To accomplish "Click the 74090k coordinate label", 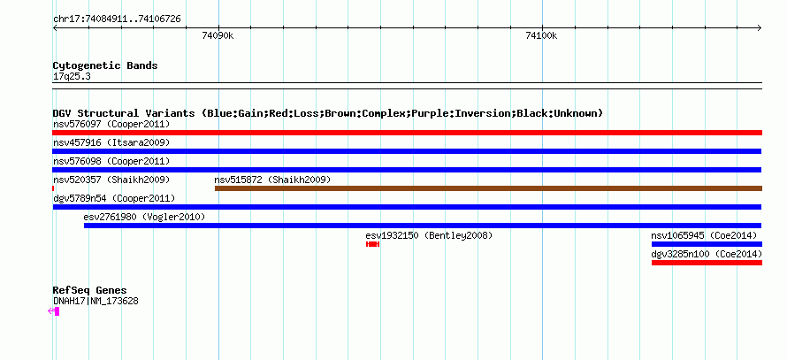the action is click(218, 35).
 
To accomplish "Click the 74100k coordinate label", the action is click(541, 35).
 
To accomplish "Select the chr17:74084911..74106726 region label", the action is click(117, 19).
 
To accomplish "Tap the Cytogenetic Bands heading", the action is click(105, 65).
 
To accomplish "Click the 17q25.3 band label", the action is click(72, 77).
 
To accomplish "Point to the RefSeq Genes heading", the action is click(89, 290).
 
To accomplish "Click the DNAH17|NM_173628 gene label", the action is click(96, 302).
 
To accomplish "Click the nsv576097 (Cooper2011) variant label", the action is click(111, 124).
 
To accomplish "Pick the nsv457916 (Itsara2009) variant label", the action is click(111, 142).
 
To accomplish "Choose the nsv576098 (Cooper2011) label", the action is click(111, 161).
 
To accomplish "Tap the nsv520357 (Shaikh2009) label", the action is click(111, 180).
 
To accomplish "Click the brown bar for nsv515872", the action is click(488, 188).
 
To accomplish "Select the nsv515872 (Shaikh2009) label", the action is click(272, 180).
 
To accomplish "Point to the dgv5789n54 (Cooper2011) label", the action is click(114, 198).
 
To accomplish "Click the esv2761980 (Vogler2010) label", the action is click(144, 217).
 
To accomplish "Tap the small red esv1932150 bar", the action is click(372, 244).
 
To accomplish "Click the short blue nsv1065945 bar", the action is click(707, 244).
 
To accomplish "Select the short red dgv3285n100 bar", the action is click(707, 263).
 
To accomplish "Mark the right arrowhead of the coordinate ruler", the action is click(760, 28).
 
